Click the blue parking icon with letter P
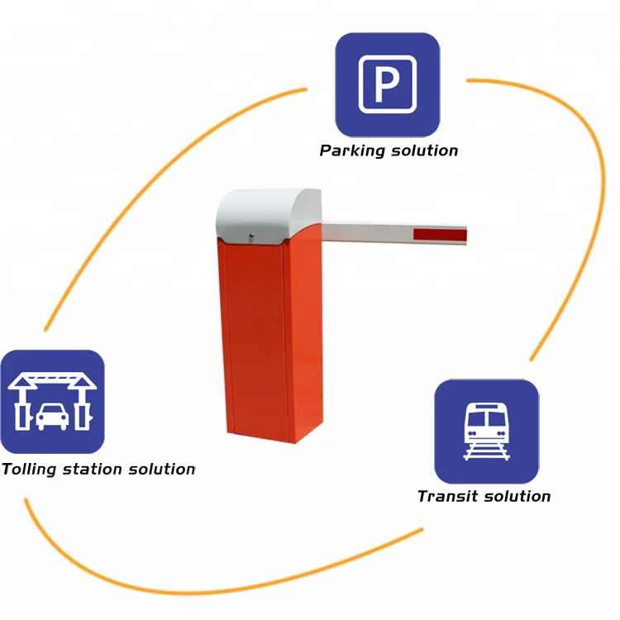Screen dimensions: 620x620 386,84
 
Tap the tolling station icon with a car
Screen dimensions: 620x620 52,402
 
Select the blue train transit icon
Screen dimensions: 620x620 486,431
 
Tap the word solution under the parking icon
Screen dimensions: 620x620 424,150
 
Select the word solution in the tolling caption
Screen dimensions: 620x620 161,470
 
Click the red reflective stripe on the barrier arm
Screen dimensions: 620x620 440,235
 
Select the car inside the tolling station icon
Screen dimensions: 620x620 52,414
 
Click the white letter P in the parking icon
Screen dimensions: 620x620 386,86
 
